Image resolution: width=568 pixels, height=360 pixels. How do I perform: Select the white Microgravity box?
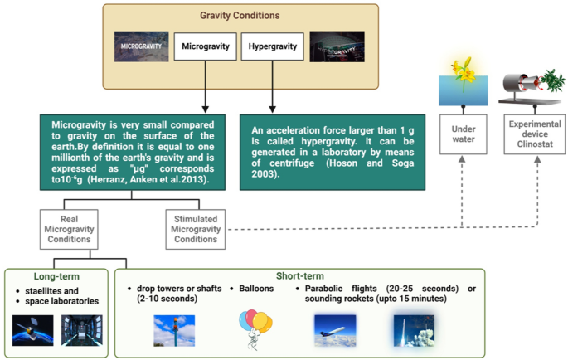coord(205,46)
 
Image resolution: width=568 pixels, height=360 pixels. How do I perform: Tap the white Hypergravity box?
coord(272,46)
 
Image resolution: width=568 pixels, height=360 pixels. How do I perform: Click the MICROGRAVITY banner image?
coord(142,46)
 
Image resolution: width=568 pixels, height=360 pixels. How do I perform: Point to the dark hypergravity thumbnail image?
coord(336,46)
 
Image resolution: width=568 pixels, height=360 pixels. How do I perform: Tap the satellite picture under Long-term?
coord(34,329)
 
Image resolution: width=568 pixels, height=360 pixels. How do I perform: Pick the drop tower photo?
coord(174,329)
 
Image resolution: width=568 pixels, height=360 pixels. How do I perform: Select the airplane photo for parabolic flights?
coord(335,329)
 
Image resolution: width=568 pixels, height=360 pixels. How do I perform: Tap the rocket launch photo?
coord(415,329)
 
